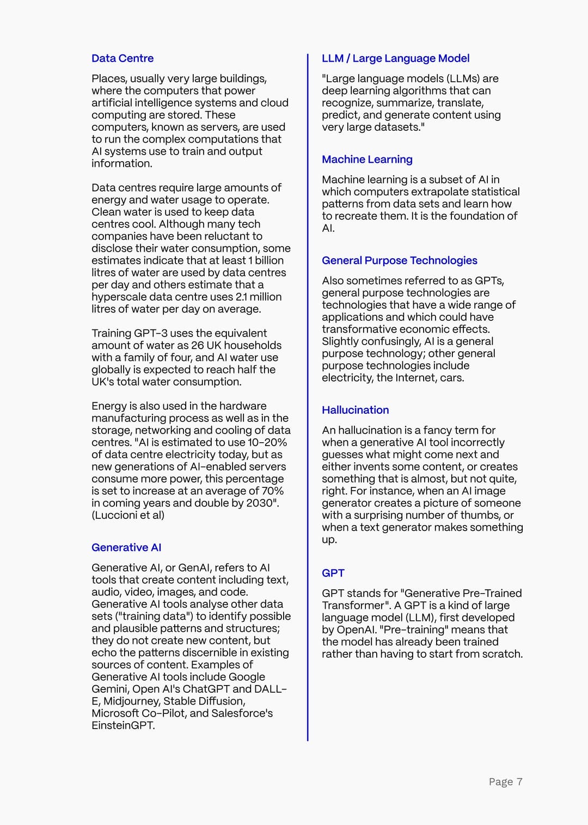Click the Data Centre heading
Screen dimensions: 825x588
tap(122, 58)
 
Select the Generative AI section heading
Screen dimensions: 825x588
tap(126, 547)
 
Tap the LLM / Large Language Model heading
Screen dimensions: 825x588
tap(395, 58)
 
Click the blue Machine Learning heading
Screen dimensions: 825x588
tap(367, 159)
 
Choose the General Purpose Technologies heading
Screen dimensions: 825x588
tap(399, 260)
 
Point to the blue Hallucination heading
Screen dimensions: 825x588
tap(355, 410)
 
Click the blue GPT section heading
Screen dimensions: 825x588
tap(333, 573)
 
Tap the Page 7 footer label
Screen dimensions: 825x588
tap(505, 782)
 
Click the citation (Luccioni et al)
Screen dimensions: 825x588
tap(128, 515)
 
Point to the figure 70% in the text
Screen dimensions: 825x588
tap(272, 491)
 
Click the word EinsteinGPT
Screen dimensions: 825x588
tap(122, 725)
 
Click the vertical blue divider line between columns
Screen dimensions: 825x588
tap(308, 398)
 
